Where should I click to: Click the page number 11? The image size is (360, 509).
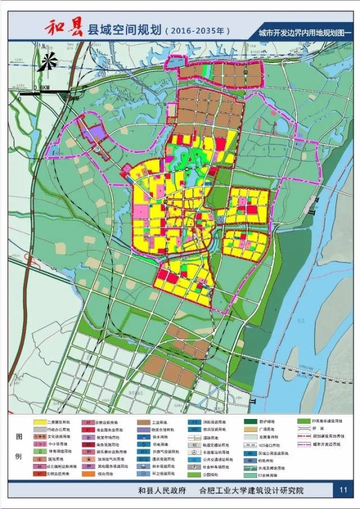[343, 489]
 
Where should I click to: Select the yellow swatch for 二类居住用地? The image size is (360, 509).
[39, 421]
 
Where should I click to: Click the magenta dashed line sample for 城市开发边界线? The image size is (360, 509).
[304, 444]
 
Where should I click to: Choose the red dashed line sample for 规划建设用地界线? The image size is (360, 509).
[304, 436]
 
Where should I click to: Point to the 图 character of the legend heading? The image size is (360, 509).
[19, 436]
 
